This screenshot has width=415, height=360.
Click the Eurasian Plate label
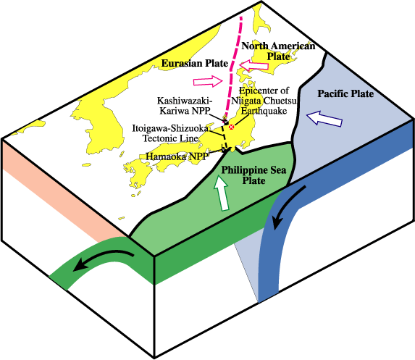pyautogui.click(x=195, y=64)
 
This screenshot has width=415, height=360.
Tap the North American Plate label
pyautogui.click(x=278, y=51)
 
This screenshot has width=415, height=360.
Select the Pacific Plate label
pyautogui.click(x=345, y=93)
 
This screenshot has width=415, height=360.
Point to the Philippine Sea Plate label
pyautogui.click(x=253, y=175)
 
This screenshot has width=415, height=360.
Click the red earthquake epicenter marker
pyautogui.click(x=232, y=127)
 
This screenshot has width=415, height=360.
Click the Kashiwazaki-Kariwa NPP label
pyautogui.click(x=185, y=105)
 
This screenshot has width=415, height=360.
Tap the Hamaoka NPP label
pyautogui.click(x=177, y=156)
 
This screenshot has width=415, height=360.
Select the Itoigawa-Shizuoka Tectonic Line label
pyautogui.click(x=170, y=133)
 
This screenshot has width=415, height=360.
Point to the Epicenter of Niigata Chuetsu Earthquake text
pyautogui.click(x=264, y=101)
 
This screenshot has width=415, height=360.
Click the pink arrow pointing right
pyautogui.click(x=208, y=81)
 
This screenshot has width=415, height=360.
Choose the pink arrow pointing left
pyautogui.click(x=253, y=65)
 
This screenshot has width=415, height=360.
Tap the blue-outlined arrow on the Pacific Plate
pyautogui.click(x=324, y=118)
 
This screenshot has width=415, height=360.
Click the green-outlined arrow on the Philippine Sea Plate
pyautogui.click(x=222, y=193)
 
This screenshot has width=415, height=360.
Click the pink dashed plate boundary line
pyautogui.click(x=231, y=70)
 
